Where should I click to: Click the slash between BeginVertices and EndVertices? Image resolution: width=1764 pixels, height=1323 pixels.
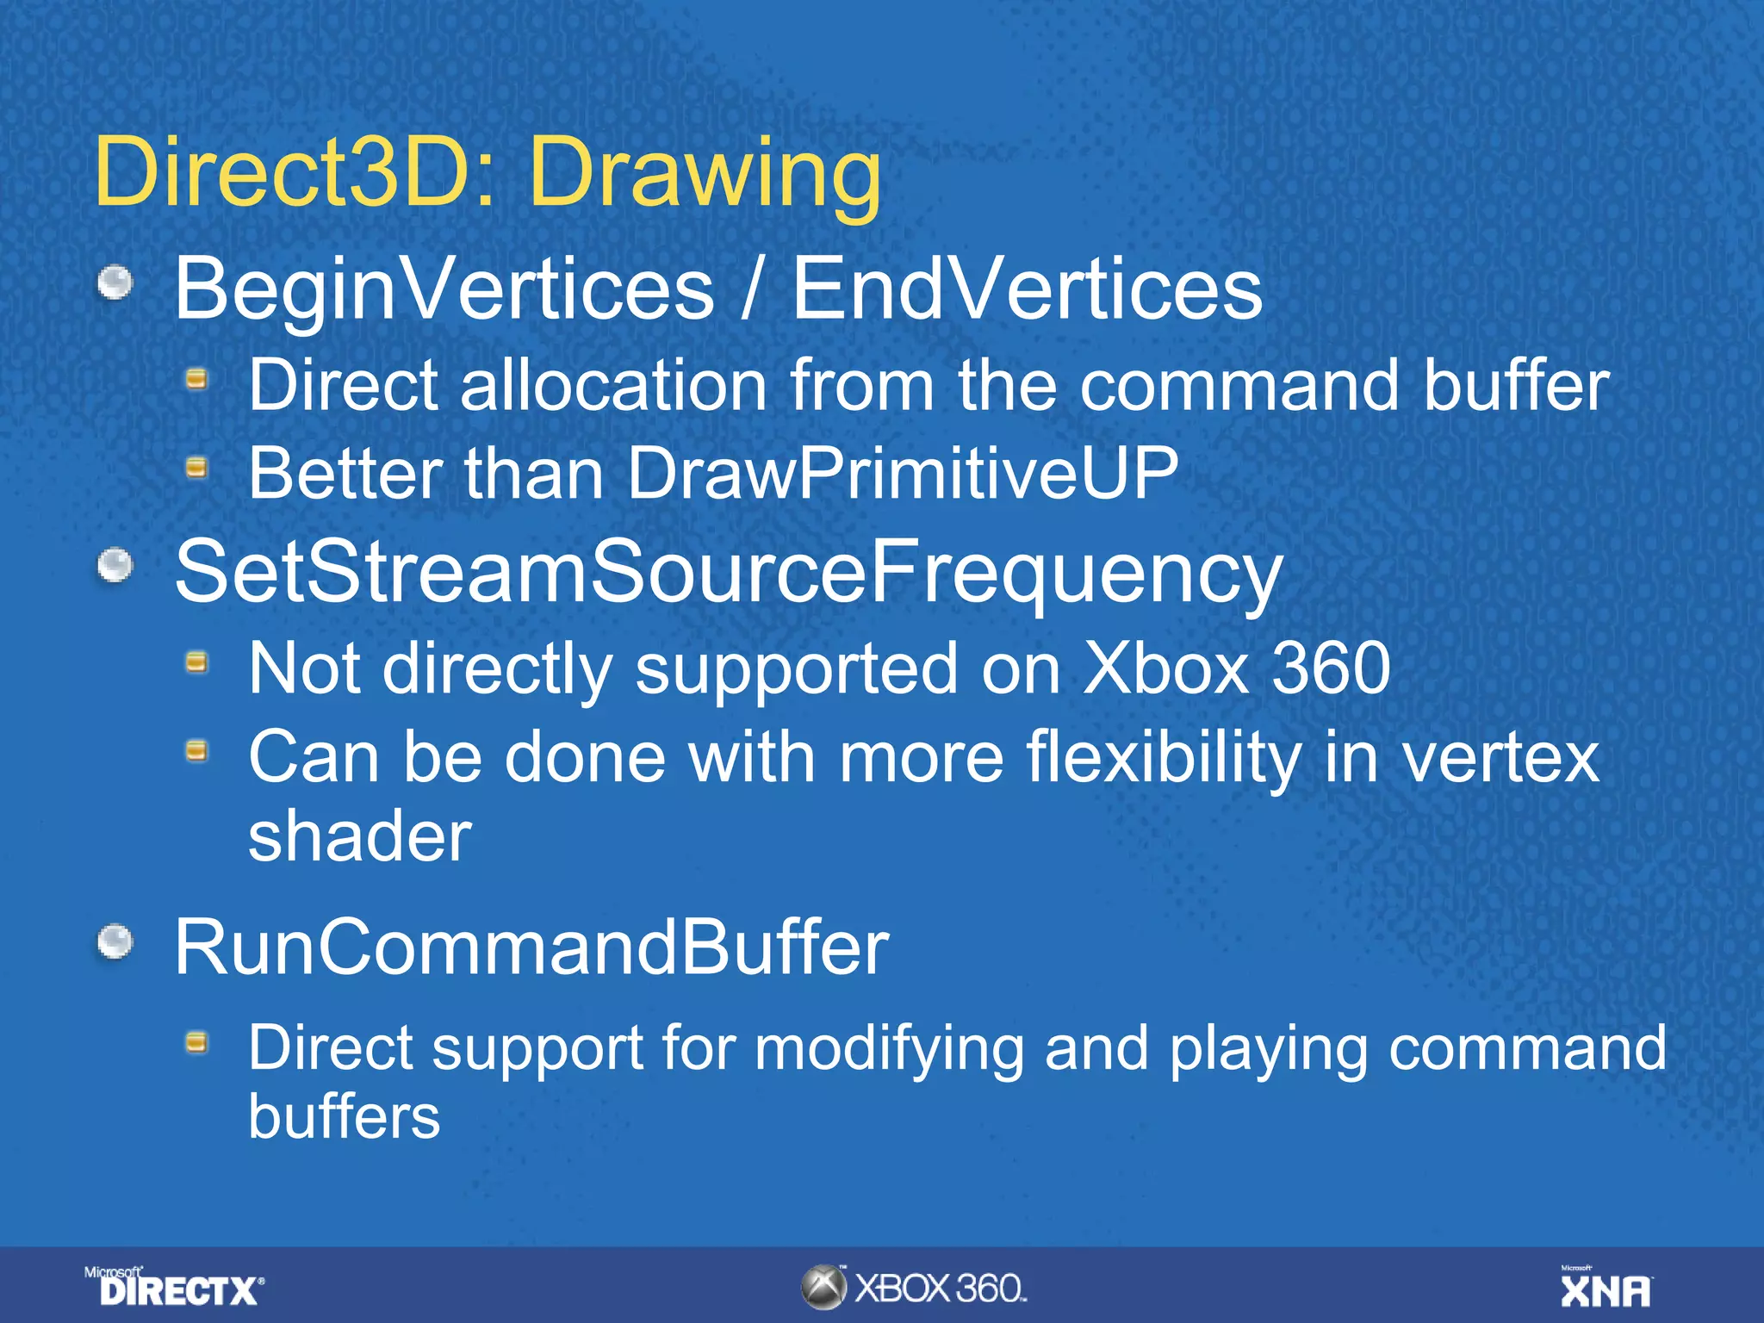752,290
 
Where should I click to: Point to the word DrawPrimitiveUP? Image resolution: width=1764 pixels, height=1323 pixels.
902,473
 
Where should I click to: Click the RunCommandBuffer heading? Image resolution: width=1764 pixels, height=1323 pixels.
531,947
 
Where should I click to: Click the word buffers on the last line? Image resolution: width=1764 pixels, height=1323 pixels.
345,1117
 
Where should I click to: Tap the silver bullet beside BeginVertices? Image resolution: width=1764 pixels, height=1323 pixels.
115,283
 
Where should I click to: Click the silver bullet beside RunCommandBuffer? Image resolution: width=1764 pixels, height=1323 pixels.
115,941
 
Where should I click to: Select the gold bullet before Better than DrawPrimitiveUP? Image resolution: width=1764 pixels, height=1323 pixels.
197,468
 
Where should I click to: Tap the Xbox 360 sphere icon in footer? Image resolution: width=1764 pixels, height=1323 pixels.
823,1288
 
